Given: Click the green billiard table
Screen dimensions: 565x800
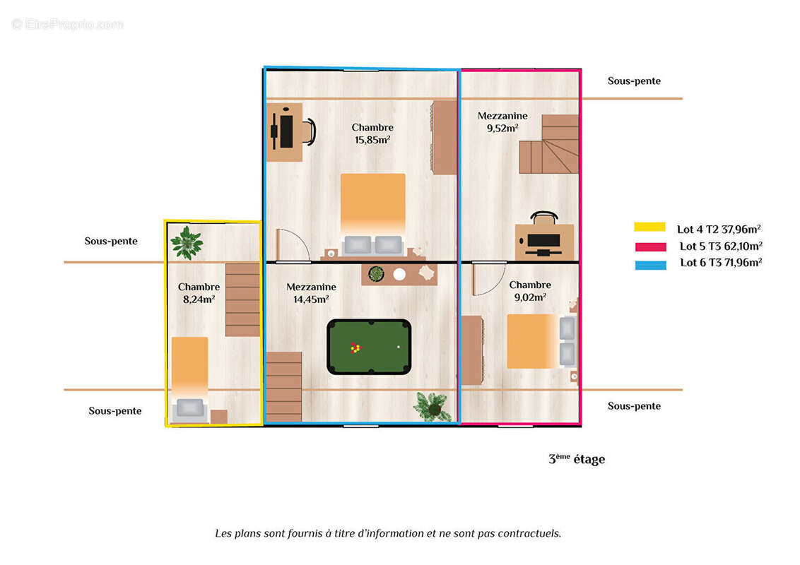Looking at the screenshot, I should [369, 347].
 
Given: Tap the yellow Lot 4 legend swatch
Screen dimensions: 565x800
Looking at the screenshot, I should [649, 227].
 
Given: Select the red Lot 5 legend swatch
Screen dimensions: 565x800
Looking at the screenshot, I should [649, 246].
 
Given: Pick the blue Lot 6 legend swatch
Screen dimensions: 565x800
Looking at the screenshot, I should [649, 265].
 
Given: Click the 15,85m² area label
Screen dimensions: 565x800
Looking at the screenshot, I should [372, 140].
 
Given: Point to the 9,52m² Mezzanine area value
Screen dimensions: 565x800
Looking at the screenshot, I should [502, 129].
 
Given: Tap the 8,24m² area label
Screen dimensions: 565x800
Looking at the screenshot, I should [199, 299].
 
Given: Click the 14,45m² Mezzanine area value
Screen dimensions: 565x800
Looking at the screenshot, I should [311, 299].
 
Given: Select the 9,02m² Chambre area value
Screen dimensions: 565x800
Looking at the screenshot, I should [530, 297].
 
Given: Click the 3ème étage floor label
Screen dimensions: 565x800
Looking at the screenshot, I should [577, 459].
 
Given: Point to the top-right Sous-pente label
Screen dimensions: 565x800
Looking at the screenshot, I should [634, 81].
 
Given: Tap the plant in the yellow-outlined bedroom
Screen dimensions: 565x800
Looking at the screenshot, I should [187, 242].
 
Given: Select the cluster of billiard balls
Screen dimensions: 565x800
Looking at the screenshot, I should [355, 347].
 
